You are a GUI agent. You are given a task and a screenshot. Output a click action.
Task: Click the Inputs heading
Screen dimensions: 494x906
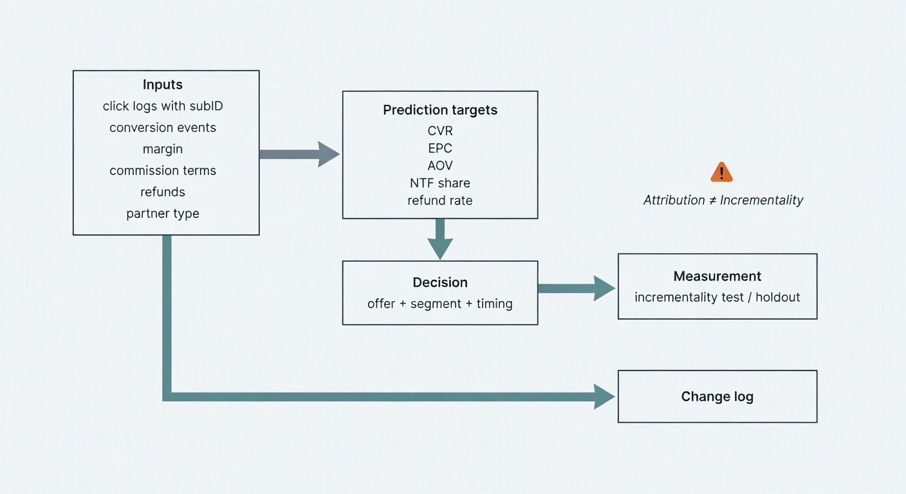(x=163, y=85)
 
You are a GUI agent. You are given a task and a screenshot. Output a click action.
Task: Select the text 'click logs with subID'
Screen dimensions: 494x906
(x=163, y=106)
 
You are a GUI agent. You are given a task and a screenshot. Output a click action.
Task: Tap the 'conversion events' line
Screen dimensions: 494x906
(x=163, y=127)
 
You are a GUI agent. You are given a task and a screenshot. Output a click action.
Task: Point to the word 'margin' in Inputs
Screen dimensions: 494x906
(x=163, y=149)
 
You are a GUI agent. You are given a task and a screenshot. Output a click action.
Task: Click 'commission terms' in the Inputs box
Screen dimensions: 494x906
(x=163, y=170)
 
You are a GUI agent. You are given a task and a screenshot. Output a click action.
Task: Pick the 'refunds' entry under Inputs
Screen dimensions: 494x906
(x=163, y=192)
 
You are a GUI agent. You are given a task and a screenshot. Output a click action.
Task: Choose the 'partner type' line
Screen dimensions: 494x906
(x=163, y=214)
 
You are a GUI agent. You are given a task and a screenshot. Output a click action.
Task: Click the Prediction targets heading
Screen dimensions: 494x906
(x=440, y=110)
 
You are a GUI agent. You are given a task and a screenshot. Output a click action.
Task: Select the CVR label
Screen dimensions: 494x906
(x=440, y=131)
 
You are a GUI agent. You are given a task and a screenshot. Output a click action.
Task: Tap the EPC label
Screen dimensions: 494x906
(x=440, y=149)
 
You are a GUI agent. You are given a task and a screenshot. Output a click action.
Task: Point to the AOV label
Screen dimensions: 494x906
(x=440, y=166)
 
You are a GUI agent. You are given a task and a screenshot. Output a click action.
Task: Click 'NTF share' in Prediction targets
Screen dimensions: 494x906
(x=440, y=183)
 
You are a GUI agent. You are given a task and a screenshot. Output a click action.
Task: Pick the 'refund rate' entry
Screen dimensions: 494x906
(x=440, y=201)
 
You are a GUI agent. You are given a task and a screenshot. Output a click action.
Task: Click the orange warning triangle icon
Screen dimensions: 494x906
(x=721, y=172)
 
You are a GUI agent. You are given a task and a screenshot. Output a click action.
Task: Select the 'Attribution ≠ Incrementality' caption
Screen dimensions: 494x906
(x=723, y=200)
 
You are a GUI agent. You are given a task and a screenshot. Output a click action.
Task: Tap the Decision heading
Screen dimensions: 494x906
(x=440, y=282)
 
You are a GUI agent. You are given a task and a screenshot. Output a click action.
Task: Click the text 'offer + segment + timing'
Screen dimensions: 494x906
(x=440, y=304)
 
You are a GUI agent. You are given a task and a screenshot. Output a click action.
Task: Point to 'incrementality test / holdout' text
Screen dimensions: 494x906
(x=717, y=297)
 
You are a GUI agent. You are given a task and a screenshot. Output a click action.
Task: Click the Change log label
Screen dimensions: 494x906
(x=717, y=396)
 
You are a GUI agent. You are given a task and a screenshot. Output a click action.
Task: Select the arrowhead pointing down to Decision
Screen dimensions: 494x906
(x=440, y=248)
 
